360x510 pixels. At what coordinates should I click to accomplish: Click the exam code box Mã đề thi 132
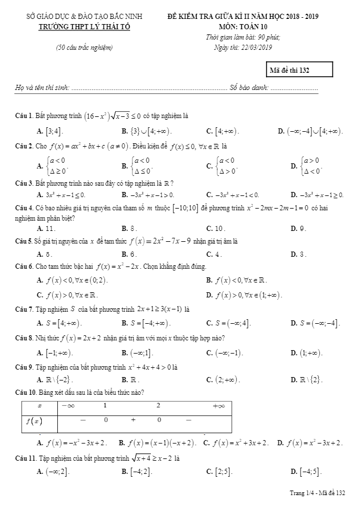coord(293,70)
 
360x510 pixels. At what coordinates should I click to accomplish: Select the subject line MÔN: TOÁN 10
coord(242,26)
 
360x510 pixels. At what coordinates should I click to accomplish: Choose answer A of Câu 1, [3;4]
coord(50,131)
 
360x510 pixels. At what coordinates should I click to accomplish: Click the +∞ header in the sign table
coord(218,406)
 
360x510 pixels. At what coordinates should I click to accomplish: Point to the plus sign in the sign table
coord(132,420)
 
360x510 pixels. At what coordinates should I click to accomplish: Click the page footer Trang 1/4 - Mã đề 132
coord(318,492)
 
